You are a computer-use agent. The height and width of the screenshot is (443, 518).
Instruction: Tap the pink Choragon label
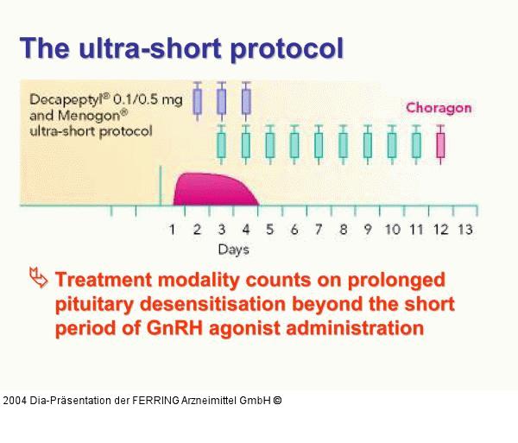439,108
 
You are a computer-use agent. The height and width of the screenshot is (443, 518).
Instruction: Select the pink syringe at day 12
441,142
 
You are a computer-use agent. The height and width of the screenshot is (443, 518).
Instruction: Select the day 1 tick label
173,229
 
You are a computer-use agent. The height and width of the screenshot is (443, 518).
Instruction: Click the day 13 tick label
464,229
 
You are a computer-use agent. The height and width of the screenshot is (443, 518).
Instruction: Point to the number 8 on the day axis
343,229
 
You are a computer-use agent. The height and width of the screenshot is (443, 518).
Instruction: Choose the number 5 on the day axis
269,229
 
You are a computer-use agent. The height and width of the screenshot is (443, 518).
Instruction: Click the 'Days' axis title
233,250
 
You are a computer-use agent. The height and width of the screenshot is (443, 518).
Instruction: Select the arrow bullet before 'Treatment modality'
36,278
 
